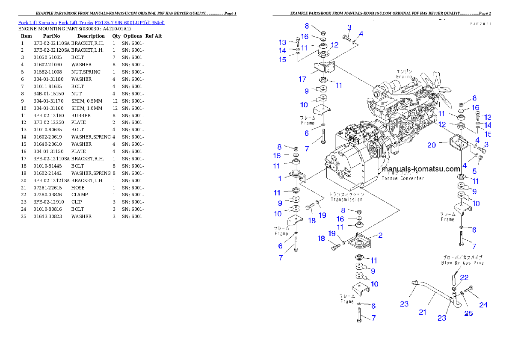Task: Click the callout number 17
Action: coord(302,79)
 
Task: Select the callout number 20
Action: coord(432,145)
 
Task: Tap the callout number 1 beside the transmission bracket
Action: coord(280,179)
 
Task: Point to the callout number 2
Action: coord(380,235)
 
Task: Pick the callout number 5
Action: coord(474,171)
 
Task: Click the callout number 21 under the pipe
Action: coord(423,312)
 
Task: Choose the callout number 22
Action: coord(465,277)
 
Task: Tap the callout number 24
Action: coord(483,305)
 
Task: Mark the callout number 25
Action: coord(469,313)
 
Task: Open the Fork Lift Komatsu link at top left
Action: coord(91,22)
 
